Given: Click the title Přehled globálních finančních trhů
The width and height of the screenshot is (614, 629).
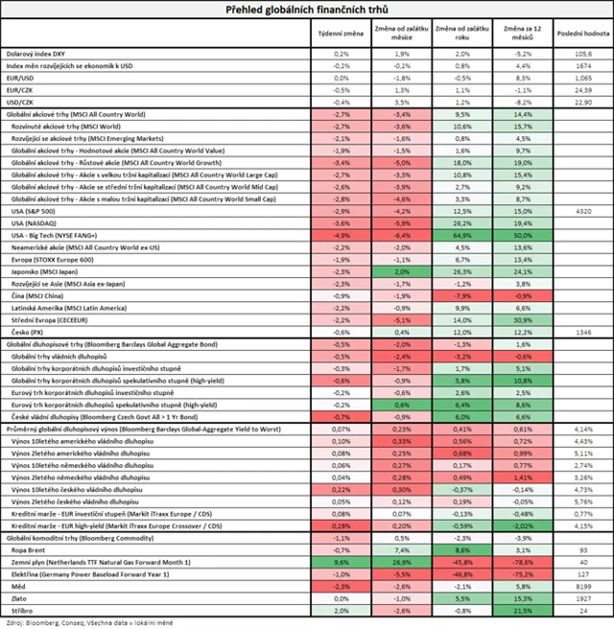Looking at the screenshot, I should pyautogui.click(x=306, y=10).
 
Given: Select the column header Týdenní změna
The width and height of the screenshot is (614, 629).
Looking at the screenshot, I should pyautogui.click(x=342, y=33).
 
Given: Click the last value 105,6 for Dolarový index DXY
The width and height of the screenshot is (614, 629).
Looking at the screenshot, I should pyautogui.click(x=580, y=54).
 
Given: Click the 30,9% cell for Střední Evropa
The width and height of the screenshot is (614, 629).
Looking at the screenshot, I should pyautogui.click(x=523, y=320).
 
